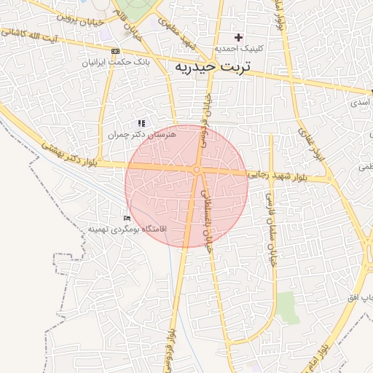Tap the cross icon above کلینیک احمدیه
(238, 37)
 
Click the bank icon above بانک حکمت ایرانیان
(115, 51)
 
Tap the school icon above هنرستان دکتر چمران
(141, 124)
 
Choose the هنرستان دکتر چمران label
(142, 135)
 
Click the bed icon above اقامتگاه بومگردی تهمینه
(127, 218)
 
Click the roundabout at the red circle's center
(197, 170)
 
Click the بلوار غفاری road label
(309, 142)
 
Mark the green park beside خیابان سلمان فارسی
(288, 307)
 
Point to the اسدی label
(359, 103)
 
